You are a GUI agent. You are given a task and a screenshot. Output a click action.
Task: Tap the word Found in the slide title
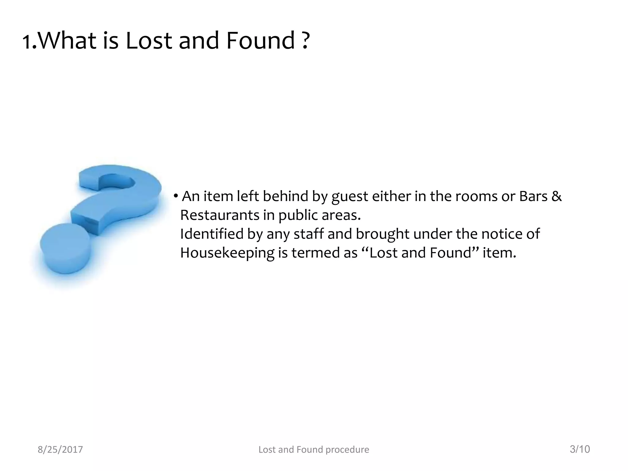260,41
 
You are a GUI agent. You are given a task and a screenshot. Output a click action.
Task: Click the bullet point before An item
176,196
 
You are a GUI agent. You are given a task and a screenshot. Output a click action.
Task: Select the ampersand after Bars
557,196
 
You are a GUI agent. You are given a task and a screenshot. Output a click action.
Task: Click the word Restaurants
220,215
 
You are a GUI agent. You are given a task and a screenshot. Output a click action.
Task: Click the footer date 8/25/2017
60,450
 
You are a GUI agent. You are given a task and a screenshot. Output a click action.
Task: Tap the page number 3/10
580,449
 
